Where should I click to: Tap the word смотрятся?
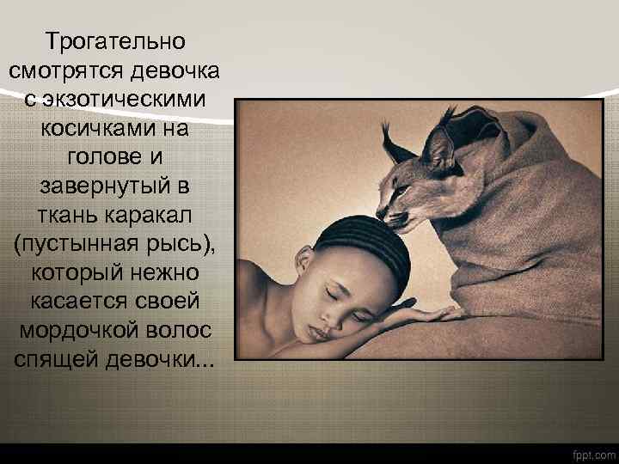pos(64,70)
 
